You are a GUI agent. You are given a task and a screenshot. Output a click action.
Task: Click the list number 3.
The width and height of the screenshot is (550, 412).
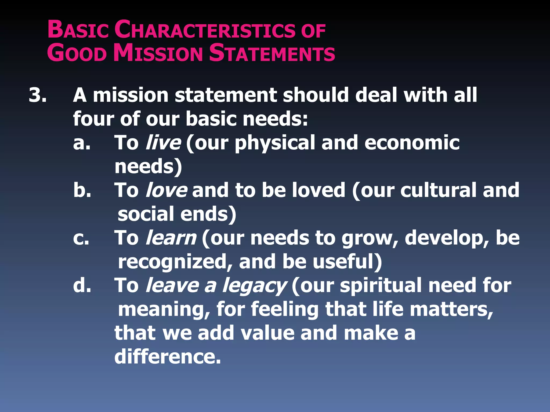(x=38, y=95)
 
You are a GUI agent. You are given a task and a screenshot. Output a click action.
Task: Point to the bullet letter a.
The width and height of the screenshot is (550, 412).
(x=82, y=143)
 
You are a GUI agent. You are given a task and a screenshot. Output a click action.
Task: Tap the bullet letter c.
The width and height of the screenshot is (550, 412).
(x=81, y=238)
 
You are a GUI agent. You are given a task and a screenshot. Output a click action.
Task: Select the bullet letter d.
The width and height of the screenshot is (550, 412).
(x=82, y=285)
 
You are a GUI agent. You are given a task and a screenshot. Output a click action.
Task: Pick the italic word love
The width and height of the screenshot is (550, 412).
(x=166, y=190)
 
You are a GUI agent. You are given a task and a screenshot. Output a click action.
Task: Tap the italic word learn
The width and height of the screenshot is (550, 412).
(x=171, y=238)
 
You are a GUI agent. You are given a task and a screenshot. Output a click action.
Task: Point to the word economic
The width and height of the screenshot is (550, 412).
(x=412, y=143)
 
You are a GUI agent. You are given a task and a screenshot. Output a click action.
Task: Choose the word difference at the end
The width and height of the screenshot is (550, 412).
(x=168, y=357)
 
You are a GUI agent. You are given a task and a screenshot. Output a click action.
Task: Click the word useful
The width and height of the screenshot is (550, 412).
(x=346, y=262)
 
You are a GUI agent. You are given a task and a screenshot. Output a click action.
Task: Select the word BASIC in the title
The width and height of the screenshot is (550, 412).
(x=78, y=30)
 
